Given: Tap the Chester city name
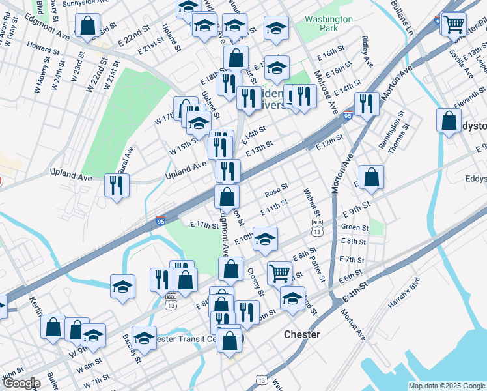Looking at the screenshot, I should coord(302,334).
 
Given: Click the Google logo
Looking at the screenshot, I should coord(21,383).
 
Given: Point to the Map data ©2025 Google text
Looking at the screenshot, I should coord(446,386).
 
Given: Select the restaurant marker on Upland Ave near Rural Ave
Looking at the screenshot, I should coord(117,186).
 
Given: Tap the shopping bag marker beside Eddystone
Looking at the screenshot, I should coord(449,121).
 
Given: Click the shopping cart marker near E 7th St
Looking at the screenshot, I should coord(279,272).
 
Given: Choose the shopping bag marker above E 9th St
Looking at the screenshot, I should coord(370,177).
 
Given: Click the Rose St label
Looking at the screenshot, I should coord(276,192).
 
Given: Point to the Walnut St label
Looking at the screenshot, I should coord(312,203).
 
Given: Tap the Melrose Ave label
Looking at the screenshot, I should coord(324,88).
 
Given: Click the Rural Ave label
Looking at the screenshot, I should coord(128,160).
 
